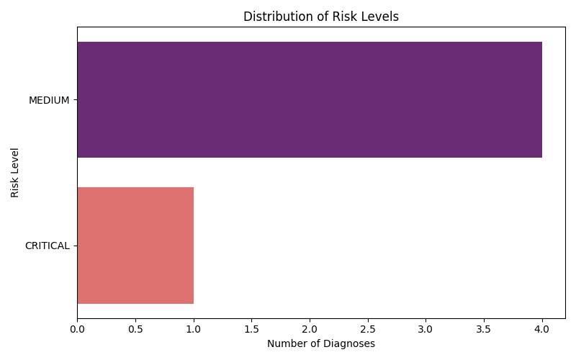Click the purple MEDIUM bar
[x=310, y=99]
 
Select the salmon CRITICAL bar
[x=135, y=246]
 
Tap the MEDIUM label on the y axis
[x=49, y=100]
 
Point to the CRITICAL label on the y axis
[x=48, y=246]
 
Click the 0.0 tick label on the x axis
[x=77, y=329]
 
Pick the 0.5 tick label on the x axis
[x=135, y=329]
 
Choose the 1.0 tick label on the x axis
[x=194, y=329]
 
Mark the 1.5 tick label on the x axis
[x=251, y=329]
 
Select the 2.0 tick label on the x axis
[x=310, y=329]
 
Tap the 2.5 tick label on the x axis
[x=368, y=329]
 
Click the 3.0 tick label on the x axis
[x=426, y=329]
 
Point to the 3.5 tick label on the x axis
[x=484, y=329]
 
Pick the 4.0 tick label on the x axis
[x=542, y=329]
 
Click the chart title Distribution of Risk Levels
[x=321, y=17]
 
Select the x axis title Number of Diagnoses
[x=321, y=344]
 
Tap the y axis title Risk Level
[x=14, y=173]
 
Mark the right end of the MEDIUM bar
[x=542, y=99]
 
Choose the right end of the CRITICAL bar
[x=194, y=246]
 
